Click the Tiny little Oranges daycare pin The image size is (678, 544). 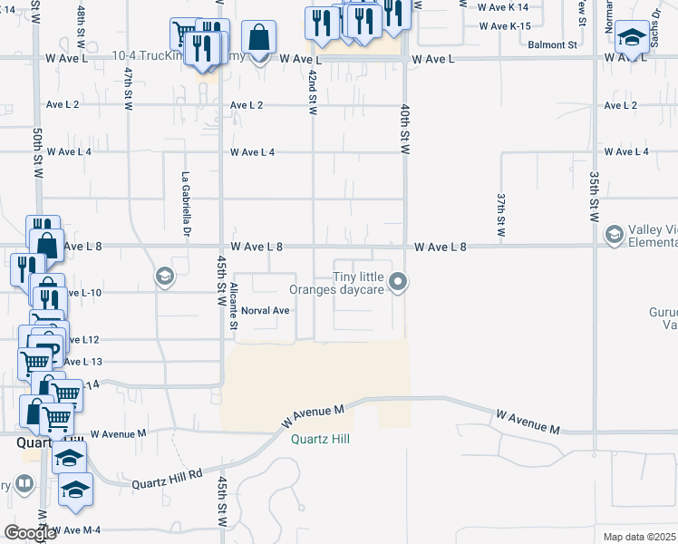click(397, 284)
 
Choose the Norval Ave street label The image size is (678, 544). click(265, 310)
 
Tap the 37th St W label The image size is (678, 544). click(500, 212)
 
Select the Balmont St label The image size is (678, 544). click(553, 44)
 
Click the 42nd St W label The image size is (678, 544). click(313, 92)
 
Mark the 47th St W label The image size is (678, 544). click(130, 87)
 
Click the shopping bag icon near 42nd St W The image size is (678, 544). click(258, 38)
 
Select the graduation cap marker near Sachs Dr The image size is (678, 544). click(631, 38)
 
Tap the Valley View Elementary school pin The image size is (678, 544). click(615, 236)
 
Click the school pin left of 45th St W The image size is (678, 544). click(164, 277)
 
